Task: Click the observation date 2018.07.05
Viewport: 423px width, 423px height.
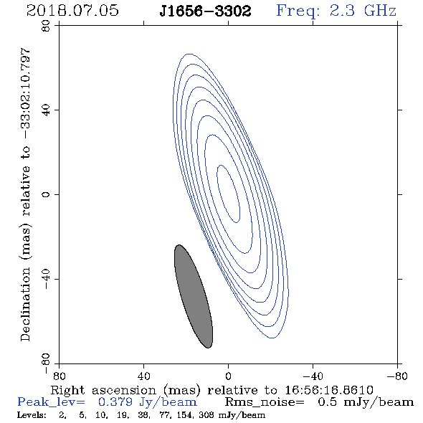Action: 72,11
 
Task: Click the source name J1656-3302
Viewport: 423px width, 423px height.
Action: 205,11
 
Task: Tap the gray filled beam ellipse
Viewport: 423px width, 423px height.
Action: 194,296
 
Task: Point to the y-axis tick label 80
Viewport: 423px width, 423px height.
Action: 46,26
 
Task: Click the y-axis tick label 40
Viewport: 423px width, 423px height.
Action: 46,110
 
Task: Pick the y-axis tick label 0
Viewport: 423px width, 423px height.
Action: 46,194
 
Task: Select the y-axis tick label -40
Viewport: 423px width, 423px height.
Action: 46,279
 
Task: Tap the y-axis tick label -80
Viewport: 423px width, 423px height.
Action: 46,363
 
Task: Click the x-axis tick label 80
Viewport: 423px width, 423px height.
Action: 59,376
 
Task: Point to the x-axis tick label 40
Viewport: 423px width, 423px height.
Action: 144,376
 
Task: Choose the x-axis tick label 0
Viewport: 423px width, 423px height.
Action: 228,376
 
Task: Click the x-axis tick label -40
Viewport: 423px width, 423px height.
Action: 313,376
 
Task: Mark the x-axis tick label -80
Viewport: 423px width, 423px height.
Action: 397,376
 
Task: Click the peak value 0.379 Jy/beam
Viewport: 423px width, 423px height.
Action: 147,402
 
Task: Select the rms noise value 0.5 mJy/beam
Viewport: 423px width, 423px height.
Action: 366,402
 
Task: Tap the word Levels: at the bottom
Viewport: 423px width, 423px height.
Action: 32,414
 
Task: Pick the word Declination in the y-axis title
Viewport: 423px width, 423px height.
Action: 25,305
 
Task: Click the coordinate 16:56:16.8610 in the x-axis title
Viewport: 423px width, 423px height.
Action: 329,390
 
